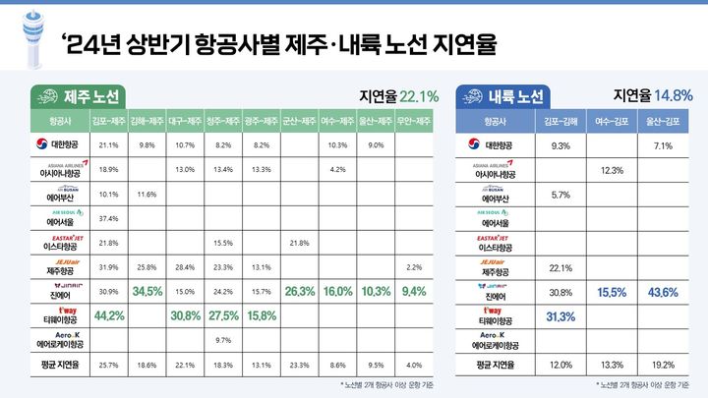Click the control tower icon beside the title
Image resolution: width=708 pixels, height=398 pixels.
click(x=29, y=41)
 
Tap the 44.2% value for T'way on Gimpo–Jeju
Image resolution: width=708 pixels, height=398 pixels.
click(x=109, y=315)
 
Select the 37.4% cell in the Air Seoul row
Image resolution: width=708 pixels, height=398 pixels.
click(x=109, y=218)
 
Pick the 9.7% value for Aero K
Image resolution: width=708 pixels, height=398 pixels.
click(x=223, y=340)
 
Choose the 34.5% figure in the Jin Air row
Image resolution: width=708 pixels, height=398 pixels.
click(x=147, y=292)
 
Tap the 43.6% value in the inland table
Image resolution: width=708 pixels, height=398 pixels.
click(x=661, y=293)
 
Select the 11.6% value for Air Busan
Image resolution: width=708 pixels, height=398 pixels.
click(x=147, y=194)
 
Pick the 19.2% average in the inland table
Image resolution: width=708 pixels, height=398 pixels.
click(x=661, y=365)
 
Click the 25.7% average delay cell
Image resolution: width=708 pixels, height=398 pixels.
click(x=109, y=365)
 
